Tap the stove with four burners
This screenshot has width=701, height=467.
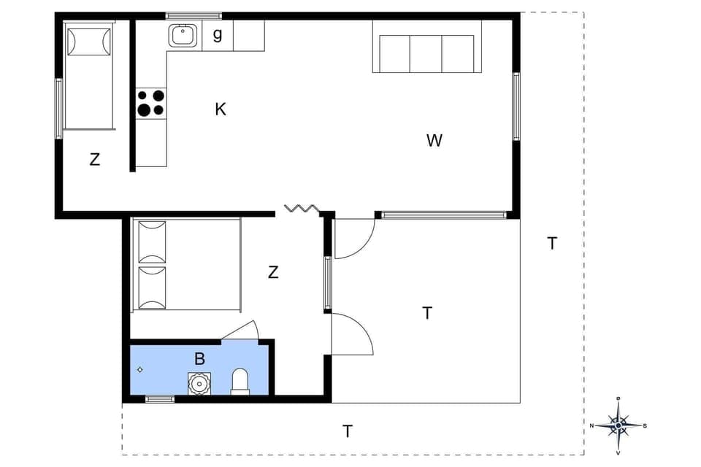(x=151, y=103)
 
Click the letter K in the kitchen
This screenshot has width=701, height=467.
(x=221, y=109)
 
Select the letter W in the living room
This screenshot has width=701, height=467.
(x=434, y=141)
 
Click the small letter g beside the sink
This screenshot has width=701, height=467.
(x=218, y=34)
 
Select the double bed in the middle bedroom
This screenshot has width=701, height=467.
(x=186, y=265)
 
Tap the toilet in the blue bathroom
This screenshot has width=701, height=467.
(x=240, y=382)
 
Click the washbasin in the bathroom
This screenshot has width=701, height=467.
(x=199, y=382)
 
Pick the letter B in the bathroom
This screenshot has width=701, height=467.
(x=199, y=358)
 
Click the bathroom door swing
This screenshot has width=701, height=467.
(x=242, y=331)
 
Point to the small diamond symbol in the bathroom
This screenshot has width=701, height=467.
(x=140, y=370)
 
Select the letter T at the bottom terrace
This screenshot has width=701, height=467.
(x=348, y=431)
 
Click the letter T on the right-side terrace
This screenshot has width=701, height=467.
(x=553, y=244)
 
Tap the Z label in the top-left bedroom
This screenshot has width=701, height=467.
(x=94, y=160)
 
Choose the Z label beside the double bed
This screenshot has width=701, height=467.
(x=273, y=273)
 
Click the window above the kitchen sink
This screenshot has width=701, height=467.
(x=194, y=15)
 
